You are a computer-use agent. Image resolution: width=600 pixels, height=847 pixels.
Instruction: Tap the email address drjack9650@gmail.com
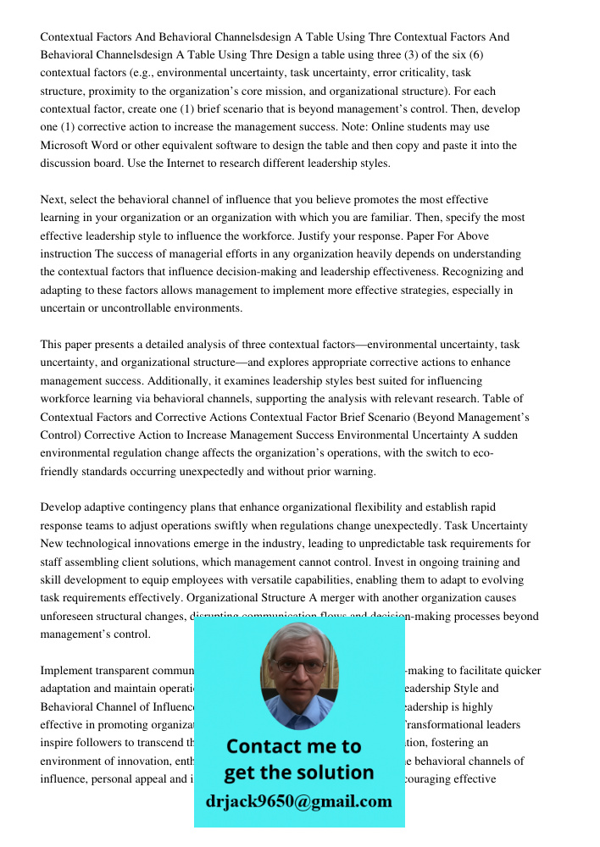click(298, 801)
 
